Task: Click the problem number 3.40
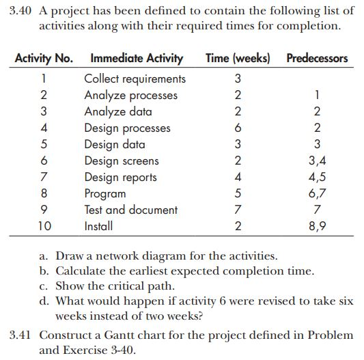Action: click(x=23, y=11)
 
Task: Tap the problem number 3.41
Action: click(x=22, y=335)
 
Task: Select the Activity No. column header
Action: click(x=44, y=58)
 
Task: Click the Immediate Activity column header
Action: click(x=137, y=58)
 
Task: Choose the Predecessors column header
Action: click(x=317, y=58)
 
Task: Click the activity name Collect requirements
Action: click(x=135, y=79)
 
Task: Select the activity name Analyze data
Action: click(x=117, y=111)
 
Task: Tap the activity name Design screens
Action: click(x=121, y=161)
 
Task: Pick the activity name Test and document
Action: click(x=130, y=210)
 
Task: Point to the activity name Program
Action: click(x=104, y=193)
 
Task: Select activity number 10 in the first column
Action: click(x=44, y=225)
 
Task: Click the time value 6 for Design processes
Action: click(x=237, y=128)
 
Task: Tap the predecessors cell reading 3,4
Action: click(x=316, y=161)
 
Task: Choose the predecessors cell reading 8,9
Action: click(x=316, y=226)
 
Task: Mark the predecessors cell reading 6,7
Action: click(x=316, y=194)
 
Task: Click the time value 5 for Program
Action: click(x=237, y=193)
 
